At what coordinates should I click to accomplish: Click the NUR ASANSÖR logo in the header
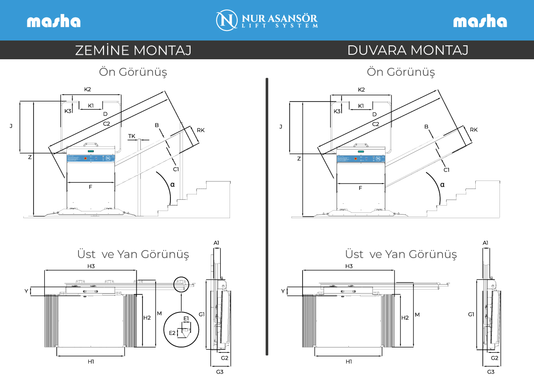pos(267,20)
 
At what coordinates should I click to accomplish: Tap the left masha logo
pos(53,22)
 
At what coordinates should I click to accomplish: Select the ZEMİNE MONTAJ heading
pos(133,50)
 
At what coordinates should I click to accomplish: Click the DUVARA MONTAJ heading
pos(408,50)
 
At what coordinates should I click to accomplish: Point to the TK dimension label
pos(131,136)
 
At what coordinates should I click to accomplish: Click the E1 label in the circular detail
pos(186,318)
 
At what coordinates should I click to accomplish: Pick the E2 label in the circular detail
pos(172,333)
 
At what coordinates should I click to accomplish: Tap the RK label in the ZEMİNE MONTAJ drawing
pos(200,130)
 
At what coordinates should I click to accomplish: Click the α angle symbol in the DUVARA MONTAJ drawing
pos(443,185)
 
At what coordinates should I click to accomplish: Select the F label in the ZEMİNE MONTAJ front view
pos(90,187)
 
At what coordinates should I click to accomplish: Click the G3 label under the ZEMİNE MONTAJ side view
pos(220,372)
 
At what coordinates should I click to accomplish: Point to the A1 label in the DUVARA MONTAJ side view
pos(485,243)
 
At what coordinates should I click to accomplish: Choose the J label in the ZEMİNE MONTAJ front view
pos(11,127)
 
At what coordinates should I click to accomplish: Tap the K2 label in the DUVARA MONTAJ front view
pos(361,89)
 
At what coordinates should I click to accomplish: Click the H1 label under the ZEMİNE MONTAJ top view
pos(91,361)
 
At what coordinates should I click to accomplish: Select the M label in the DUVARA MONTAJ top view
pos(417,315)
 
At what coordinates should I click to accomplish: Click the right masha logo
pos(480,22)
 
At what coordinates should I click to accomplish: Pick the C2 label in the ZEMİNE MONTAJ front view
pos(106,123)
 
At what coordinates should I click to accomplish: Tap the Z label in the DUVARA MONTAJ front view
pos(299,158)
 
